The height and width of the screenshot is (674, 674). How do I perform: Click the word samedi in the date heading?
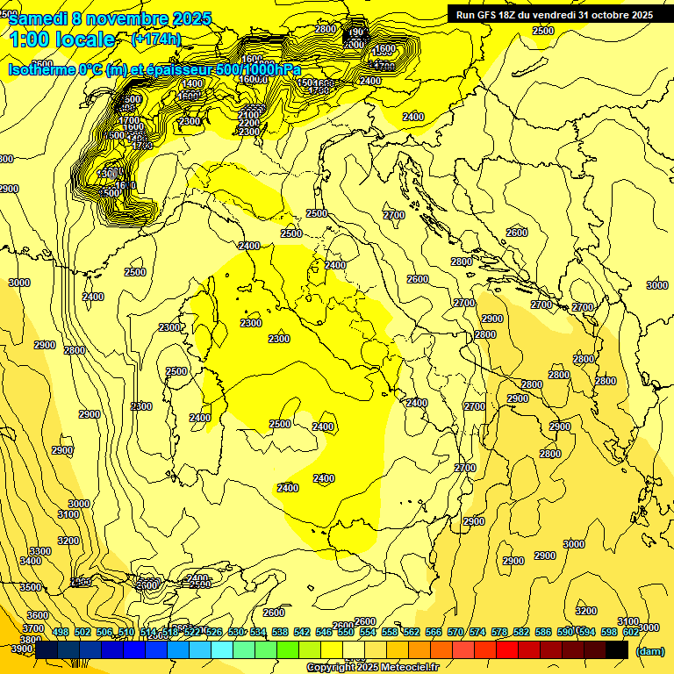[36, 18]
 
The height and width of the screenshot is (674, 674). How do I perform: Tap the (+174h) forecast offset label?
[155, 39]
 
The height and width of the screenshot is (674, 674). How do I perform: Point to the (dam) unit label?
[649, 651]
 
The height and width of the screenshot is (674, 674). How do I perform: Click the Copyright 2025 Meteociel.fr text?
[371, 667]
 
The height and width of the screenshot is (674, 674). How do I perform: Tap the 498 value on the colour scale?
[61, 632]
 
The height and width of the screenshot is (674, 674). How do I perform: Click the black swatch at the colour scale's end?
[617, 649]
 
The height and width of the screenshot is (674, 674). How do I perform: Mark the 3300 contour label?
[40, 551]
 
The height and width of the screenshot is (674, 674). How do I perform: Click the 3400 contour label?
[31, 561]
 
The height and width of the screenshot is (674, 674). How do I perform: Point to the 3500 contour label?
[31, 587]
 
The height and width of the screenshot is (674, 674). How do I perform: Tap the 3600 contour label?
[38, 615]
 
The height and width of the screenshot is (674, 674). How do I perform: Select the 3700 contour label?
[33, 628]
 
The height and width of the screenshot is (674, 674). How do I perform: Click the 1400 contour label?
[192, 83]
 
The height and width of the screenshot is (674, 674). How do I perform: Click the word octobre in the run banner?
[606, 14]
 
